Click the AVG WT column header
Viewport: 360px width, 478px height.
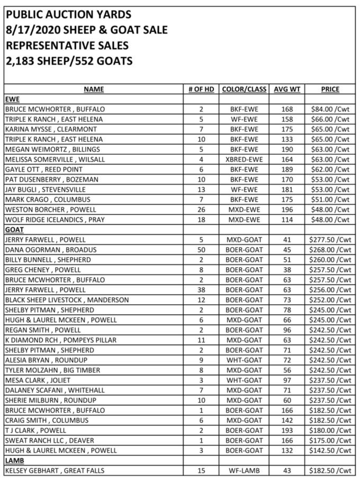287,89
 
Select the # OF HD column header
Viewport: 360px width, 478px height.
201,89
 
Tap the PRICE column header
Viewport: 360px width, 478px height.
330,89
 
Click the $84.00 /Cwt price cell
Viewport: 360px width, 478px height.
330,109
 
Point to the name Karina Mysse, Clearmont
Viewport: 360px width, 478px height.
51,129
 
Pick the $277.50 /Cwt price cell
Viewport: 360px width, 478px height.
330,240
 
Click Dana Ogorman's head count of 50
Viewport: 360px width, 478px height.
201,250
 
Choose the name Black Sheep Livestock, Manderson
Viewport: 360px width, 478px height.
67,300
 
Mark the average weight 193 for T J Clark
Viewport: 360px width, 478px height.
287,430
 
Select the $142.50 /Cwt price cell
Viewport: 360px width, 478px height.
330,450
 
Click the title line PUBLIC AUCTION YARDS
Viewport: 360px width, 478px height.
69,14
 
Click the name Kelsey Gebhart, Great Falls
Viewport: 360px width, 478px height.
55,471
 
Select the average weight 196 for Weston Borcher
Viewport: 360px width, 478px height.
287,210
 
